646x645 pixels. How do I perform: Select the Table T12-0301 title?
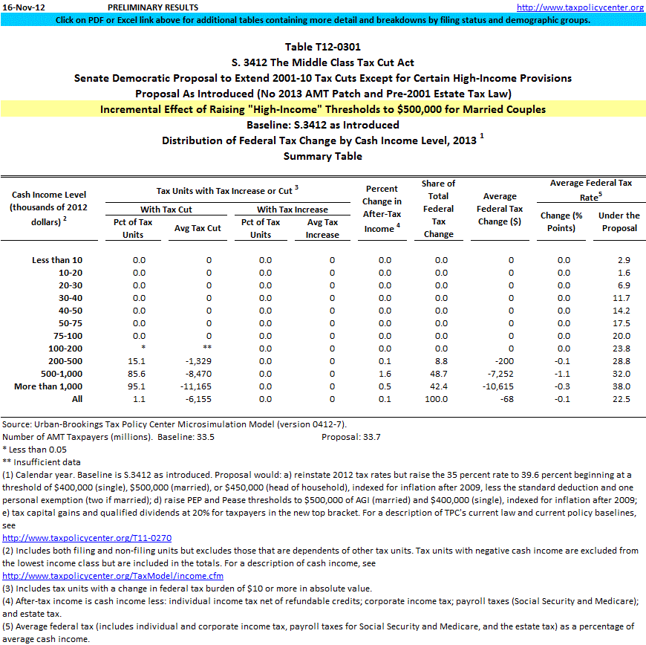(x=322, y=48)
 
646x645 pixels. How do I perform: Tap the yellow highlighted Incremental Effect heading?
(x=322, y=109)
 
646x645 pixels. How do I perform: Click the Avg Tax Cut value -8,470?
(x=199, y=374)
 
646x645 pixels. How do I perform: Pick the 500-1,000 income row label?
(x=56, y=374)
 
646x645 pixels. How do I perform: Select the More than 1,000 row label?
(x=48, y=386)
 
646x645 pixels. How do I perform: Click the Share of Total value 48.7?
(x=441, y=374)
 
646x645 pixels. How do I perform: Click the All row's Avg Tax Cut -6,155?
(x=199, y=399)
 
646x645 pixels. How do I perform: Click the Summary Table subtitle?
(x=322, y=156)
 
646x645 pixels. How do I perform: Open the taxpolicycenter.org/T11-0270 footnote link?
(x=87, y=538)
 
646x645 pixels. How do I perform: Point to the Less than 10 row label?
(x=57, y=260)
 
